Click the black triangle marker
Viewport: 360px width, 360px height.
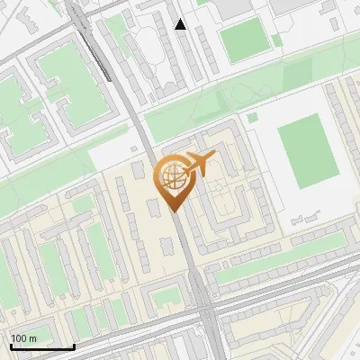pyautogui.click(x=181, y=24)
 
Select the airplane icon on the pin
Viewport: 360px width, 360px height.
pyautogui.click(x=199, y=164)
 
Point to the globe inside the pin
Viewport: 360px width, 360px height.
pyautogui.click(x=172, y=175)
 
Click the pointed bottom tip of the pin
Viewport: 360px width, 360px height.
pyautogui.click(x=174, y=211)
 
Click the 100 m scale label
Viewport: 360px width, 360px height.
pyautogui.click(x=23, y=338)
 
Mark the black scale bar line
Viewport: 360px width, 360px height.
pyautogui.click(x=41, y=346)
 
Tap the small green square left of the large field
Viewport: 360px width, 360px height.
pyautogui.click(x=253, y=117)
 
